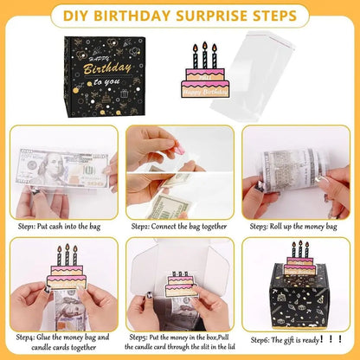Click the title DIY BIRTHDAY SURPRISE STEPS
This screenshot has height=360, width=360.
(x=179, y=16)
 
